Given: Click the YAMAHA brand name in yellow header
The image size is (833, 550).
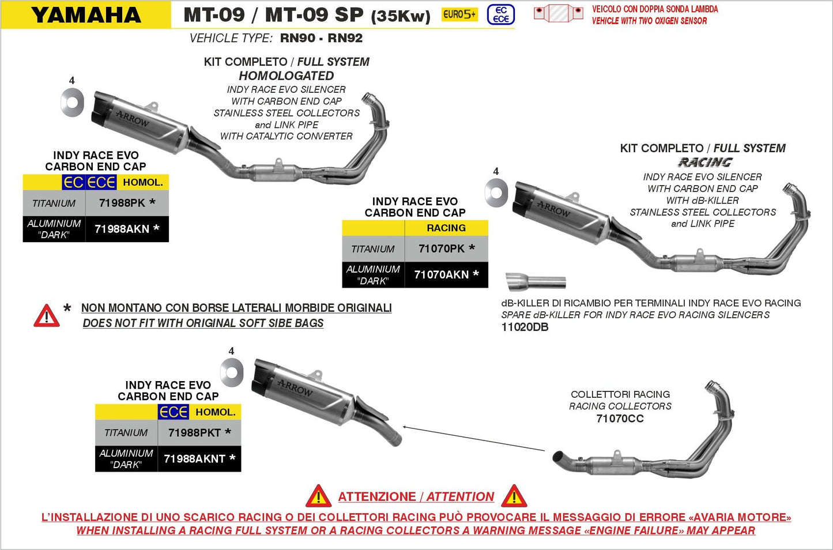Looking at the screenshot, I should coord(86,15).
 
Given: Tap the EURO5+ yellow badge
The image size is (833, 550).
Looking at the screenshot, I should coord(459,14).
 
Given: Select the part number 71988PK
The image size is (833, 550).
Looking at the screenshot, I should coord(122,203).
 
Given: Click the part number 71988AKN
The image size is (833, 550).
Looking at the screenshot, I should coord(122,229).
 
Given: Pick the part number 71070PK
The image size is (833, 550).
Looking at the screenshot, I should coord(442,248).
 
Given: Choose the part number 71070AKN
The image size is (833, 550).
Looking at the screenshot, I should coord(442,274).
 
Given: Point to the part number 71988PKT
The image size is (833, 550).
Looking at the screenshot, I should coord(195,432).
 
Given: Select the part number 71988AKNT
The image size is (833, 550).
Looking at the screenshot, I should coord(195,459).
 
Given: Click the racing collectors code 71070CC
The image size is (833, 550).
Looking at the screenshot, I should coord(620,419).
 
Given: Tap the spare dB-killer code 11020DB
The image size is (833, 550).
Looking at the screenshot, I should coord(525,327).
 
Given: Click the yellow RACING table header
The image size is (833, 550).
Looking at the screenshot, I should coord(446,228).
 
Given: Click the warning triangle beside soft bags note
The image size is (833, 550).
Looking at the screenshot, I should coord(47,316).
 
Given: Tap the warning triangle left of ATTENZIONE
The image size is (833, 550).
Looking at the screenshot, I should coord(318,496).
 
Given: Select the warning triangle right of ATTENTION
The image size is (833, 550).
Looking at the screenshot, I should coord(514,496).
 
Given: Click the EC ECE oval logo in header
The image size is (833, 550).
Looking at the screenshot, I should coord(500,15).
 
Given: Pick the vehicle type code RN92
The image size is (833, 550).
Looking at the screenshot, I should coord(345,39).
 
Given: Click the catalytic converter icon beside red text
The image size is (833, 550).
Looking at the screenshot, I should coord(558,13).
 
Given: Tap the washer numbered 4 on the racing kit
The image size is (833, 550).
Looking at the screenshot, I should coord(496,192).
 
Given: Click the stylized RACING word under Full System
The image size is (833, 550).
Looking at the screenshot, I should coord(704,163).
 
